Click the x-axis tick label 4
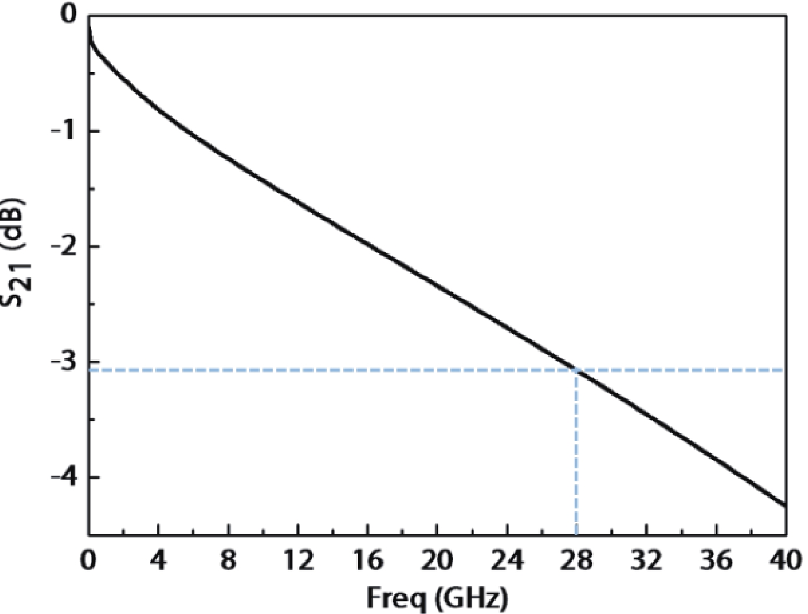point(158,560)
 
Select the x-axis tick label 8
point(228,560)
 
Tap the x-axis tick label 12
point(298,560)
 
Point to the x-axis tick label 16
point(367,560)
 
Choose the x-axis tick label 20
point(437,560)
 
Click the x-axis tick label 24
point(507,560)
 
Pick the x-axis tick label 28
point(576,560)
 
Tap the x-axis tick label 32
point(646,560)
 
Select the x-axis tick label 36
point(715,560)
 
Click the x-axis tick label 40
point(786,560)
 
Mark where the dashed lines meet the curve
point(576,370)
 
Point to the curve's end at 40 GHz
point(784,505)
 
